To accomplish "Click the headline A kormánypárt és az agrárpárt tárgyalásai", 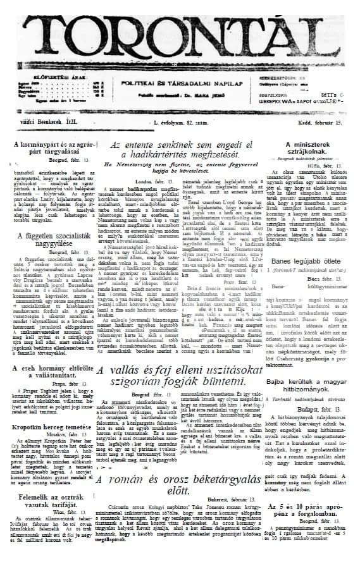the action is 51,148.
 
